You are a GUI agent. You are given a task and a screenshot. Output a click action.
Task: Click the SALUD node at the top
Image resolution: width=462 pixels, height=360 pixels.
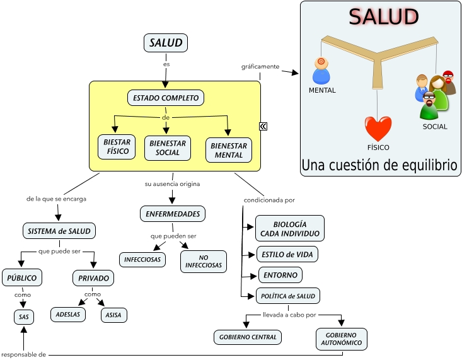(166, 43)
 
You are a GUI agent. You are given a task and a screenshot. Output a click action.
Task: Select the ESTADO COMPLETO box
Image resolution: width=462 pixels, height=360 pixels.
(166, 98)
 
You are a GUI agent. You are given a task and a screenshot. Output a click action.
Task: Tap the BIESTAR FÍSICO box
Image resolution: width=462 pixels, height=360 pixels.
(117, 147)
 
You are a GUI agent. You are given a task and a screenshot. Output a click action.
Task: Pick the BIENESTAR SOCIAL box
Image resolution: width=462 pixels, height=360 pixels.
(167, 148)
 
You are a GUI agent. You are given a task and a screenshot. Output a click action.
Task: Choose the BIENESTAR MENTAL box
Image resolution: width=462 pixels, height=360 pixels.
(228, 150)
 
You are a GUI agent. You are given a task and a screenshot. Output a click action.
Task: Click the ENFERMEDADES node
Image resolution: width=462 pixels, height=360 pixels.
(173, 214)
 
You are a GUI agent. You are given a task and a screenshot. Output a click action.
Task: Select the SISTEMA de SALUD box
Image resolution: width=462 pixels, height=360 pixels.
(59, 231)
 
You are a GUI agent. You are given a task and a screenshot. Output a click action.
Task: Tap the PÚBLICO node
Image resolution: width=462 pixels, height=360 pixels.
(22, 277)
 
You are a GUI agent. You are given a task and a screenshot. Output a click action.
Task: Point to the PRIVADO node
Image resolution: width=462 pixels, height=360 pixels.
(93, 278)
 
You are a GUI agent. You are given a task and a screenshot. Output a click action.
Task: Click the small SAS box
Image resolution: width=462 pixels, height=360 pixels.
(24, 316)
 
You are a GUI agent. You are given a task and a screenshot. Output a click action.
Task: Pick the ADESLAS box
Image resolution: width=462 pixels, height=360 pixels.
(67, 314)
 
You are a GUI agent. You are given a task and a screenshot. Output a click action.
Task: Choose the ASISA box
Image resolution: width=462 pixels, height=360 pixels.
(114, 315)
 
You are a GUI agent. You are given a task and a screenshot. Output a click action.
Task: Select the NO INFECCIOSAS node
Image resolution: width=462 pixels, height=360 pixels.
(203, 262)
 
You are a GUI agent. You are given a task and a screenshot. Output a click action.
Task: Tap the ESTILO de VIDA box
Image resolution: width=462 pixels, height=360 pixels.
(287, 254)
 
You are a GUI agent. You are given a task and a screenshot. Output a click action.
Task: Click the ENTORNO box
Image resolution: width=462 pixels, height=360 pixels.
(280, 275)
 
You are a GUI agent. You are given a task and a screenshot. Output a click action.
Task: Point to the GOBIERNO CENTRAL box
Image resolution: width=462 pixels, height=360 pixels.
(248, 337)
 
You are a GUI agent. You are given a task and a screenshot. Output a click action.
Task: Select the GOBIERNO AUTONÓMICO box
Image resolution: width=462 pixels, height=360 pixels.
(341, 339)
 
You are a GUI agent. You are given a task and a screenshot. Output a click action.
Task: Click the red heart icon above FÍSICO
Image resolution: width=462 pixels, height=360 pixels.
(378, 129)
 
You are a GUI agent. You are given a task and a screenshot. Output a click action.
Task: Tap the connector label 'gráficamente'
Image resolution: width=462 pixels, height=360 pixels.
(260, 66)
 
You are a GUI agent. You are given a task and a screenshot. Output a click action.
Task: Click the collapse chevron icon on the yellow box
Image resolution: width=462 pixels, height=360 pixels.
(263, 126)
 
